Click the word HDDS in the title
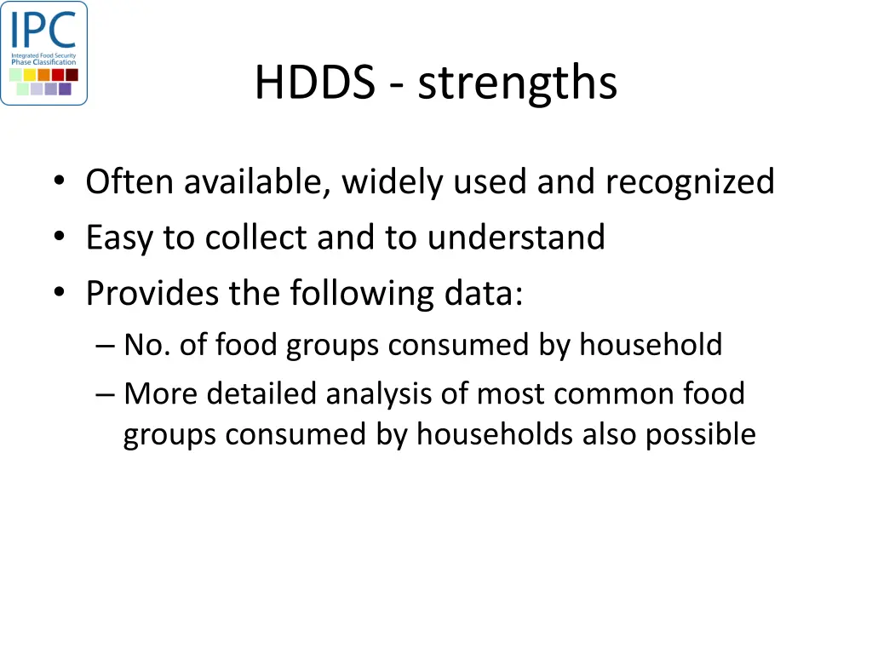point(314,83)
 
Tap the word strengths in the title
point(517,83)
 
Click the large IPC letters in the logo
point(43,31)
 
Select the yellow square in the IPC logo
point(30,75)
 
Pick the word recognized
point(690,181)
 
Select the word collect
point(256,238)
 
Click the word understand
point(516,238)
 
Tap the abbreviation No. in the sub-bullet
point(146,345)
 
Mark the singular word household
point(651,345)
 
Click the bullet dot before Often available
point(58,183)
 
